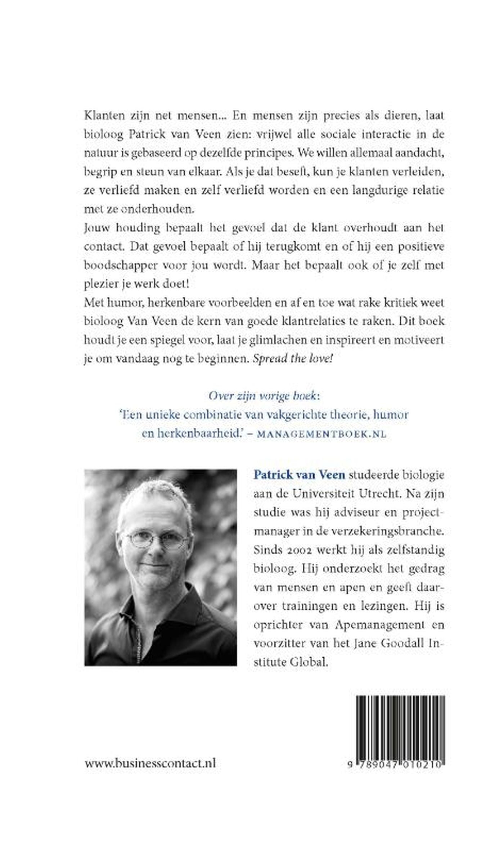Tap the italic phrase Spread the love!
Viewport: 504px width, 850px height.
click(x=292, y=359)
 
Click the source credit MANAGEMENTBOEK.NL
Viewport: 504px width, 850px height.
click(x=322, y=434)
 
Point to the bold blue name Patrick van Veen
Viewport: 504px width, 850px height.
click(x=299, y=475)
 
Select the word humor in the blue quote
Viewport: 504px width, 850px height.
click(x=391, y=415)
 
